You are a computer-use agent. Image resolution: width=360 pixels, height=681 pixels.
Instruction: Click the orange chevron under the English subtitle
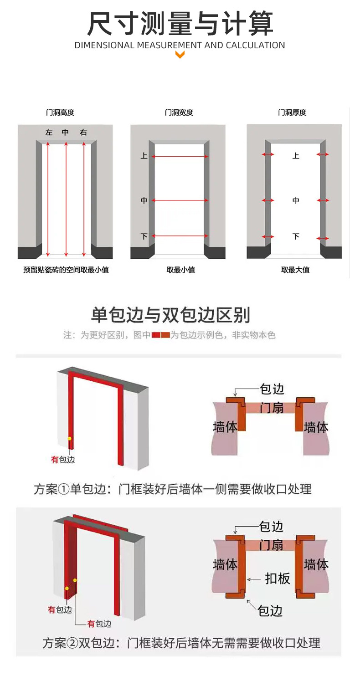tap(180, 55)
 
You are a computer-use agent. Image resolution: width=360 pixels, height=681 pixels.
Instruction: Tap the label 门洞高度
tap(60, 113)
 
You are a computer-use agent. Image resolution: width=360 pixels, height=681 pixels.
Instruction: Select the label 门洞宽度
tap(179, 113)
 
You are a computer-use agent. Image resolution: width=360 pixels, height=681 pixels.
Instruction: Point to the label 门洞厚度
tap(292, 113)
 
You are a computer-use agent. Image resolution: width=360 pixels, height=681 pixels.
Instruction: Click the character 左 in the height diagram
tap(49, 132)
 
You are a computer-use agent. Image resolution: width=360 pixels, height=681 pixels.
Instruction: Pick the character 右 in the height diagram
tap(83, 132)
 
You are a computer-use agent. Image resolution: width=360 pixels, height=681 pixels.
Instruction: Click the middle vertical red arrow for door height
tap(66, 199)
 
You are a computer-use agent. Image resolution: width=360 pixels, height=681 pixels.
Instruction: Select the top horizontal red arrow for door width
tap(180, 156)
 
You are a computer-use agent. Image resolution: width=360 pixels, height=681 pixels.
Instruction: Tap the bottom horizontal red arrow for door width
tap(180, 236)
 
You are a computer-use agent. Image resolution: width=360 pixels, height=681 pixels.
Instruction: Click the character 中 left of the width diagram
tap(144, 200)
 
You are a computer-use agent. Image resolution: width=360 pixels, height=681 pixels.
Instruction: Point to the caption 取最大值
tap(295, 270)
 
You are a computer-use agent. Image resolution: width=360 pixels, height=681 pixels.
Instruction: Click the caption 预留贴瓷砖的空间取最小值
tap(66, 270)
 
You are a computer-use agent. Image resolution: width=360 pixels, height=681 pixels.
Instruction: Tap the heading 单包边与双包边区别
tap(170, 315)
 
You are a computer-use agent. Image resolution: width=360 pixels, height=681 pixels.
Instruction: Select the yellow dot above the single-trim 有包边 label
tap(70, 439)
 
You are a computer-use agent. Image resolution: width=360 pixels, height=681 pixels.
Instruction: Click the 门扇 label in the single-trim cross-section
tap(272, 408)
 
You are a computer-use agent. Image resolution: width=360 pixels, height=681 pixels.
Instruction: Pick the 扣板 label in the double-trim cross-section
tap(278, 578)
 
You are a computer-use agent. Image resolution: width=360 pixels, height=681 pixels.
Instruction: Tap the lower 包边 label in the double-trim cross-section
tap(270, 610)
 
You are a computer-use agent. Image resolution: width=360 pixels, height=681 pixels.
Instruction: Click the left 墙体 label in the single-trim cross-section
tap(225, 427)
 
